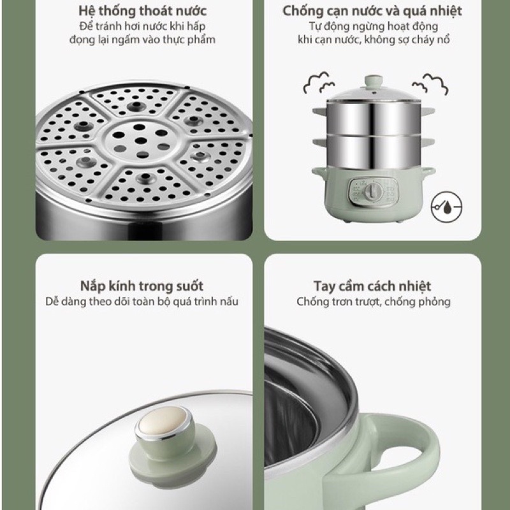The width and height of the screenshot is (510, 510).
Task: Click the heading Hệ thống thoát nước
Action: pos(142,11)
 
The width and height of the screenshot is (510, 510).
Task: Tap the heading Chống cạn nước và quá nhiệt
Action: pos(372,11)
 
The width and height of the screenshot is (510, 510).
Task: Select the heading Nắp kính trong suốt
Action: pos(142,286)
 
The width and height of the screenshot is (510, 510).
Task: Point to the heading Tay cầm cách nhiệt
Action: pos(372,286)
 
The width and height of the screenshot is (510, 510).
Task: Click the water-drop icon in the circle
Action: pos(446,207)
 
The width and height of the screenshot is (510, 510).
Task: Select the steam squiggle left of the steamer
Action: pos(319,83)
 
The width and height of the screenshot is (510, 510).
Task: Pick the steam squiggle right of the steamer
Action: pos(430,84)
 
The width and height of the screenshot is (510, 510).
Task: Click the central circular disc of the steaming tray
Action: pos(140,141)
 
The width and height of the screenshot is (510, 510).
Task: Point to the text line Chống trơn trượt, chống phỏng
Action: pos(373,302)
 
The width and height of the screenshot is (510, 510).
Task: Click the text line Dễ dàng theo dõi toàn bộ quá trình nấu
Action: pos(142,302)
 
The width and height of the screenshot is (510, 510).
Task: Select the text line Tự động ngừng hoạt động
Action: pos(374,26)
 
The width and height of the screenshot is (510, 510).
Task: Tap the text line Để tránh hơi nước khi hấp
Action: pos(142,26)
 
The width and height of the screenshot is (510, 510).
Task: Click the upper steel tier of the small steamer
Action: pos(374,118)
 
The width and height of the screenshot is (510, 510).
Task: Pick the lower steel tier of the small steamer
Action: pos(374,152)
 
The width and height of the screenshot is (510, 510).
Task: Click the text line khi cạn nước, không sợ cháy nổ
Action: pos(374,40)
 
